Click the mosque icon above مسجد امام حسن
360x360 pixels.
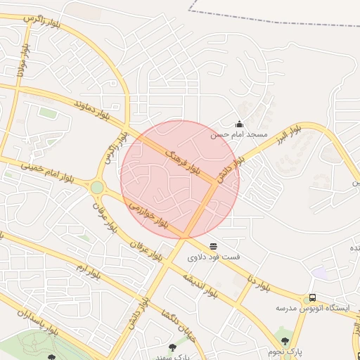pyautogui.click(x=239, y=124)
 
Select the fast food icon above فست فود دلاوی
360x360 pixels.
pyautogui.click(x=213, y=245)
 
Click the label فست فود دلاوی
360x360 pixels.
pyautogui.click(x=213, y=257)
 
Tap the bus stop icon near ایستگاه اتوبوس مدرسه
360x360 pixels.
pyautogui.click(x=312, y=297)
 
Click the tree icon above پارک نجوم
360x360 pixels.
pyautogui.click(x=285, y=340)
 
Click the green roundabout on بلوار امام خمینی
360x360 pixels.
pyautogui.click(x=96, y=188)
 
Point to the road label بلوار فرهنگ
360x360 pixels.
pyautogui.click(x=183, y=160)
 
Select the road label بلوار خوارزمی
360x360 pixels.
pyautogui.click(x=148, y=214)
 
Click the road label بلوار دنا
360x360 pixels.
pyautogui.click(x=259, y=283)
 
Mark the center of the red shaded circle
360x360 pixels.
pyautogui.click(x=180, y=179)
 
